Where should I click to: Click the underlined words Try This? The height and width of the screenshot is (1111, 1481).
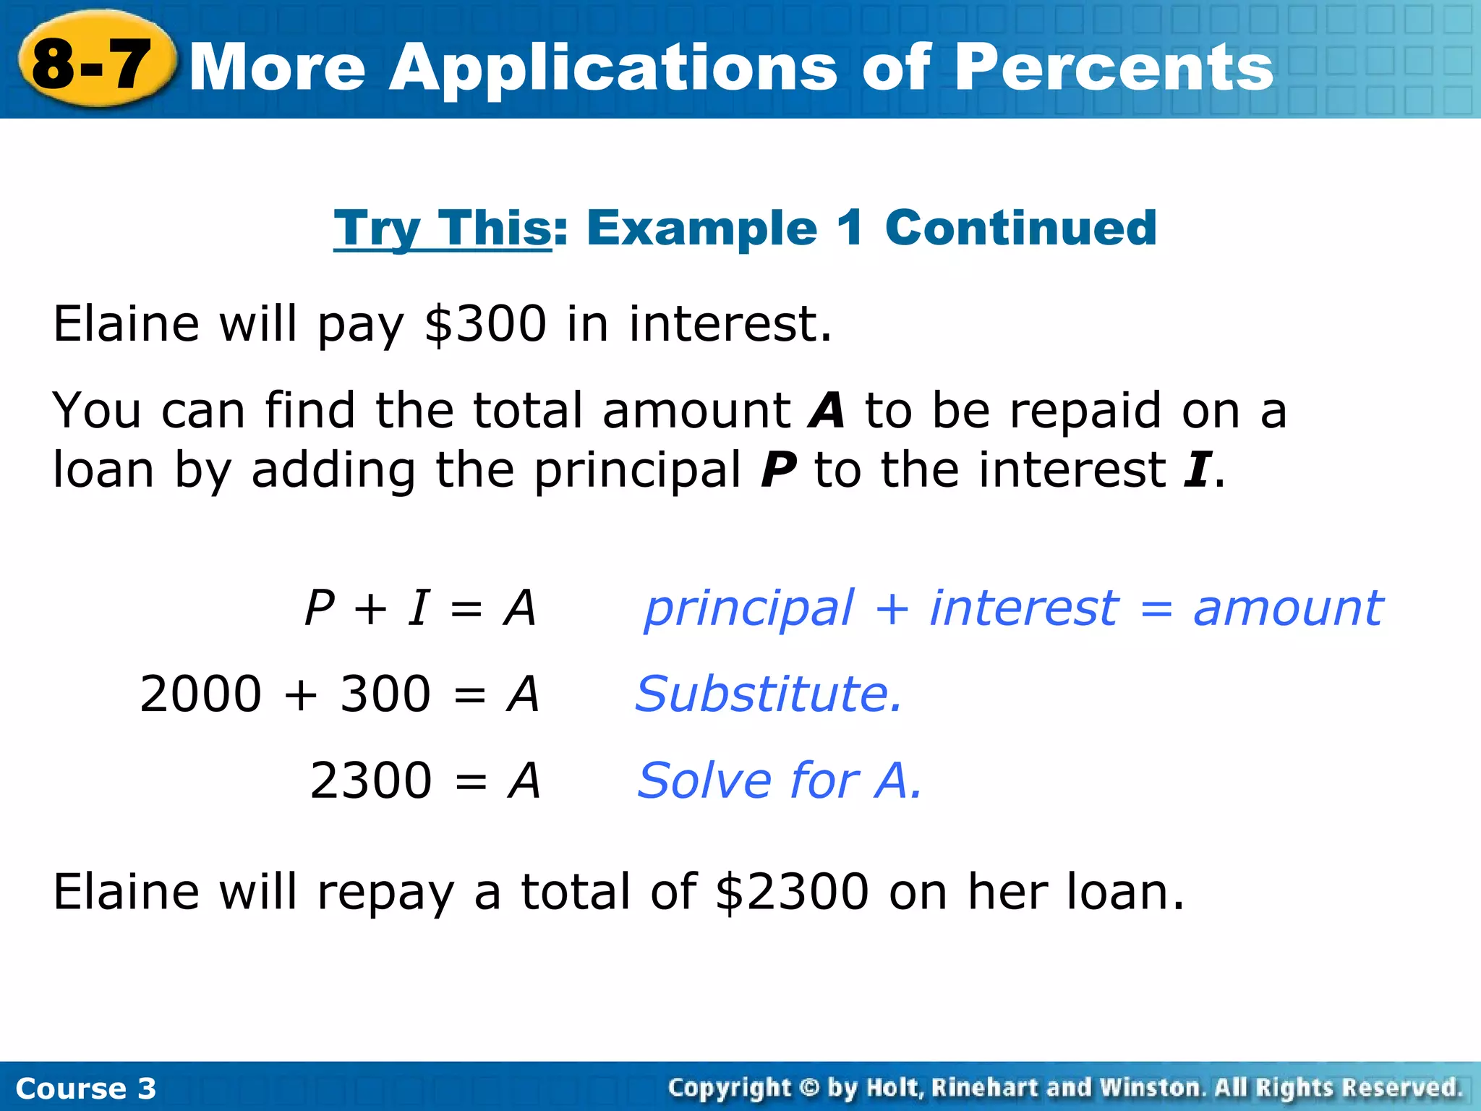coord(443,229)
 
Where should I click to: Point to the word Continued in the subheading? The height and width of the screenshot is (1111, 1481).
coord(1020,228)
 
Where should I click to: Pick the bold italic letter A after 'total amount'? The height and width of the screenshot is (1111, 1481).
coord(827,410)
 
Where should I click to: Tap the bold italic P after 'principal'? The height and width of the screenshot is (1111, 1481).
coord(778,470)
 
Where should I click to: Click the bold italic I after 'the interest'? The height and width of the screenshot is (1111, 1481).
coord(1196,470)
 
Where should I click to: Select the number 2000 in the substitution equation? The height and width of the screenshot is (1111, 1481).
coord(200,694)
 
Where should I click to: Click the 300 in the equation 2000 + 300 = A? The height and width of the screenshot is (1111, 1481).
coord(385,694)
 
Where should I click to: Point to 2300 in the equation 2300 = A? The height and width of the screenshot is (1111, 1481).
coord(371,780)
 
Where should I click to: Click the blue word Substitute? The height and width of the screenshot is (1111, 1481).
coord(769,694)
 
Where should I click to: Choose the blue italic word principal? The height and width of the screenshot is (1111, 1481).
coord(749,608)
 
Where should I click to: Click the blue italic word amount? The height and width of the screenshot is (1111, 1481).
coord(1288,608)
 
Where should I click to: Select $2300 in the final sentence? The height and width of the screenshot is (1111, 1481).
coord(792,891)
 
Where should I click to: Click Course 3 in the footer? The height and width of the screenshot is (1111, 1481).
coord(85,1089)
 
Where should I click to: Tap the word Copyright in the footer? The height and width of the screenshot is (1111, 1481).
coord(730,1088)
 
